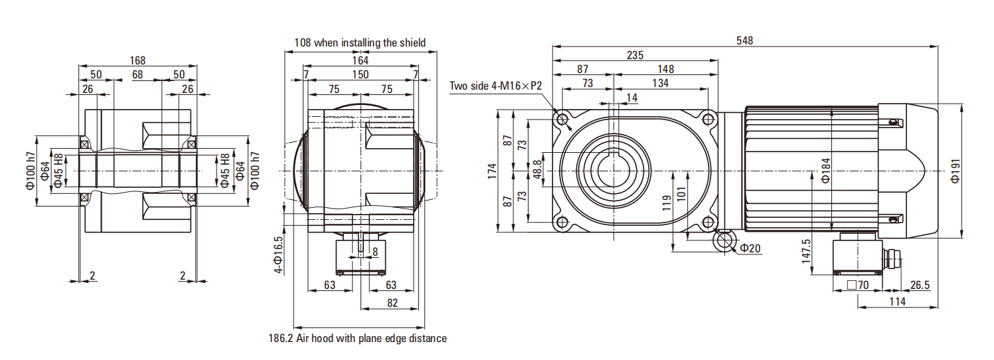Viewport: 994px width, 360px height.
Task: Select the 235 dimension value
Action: tap(635, 55)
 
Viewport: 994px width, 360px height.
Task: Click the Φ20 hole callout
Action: tap(750, 248)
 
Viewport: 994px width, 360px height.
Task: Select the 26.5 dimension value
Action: tap(920, 286)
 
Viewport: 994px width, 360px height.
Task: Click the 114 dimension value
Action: tap(897, 302)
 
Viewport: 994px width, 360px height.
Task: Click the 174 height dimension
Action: tap(491, 172)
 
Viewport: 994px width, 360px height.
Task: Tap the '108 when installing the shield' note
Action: tap(360, 43)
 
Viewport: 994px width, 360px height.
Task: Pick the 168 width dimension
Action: tap(137, 60)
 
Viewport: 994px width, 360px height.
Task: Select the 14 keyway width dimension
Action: tap(631, 98)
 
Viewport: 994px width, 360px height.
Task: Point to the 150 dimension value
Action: tap(360, 74)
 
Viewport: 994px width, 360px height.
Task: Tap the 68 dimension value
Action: tap(137, 74)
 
